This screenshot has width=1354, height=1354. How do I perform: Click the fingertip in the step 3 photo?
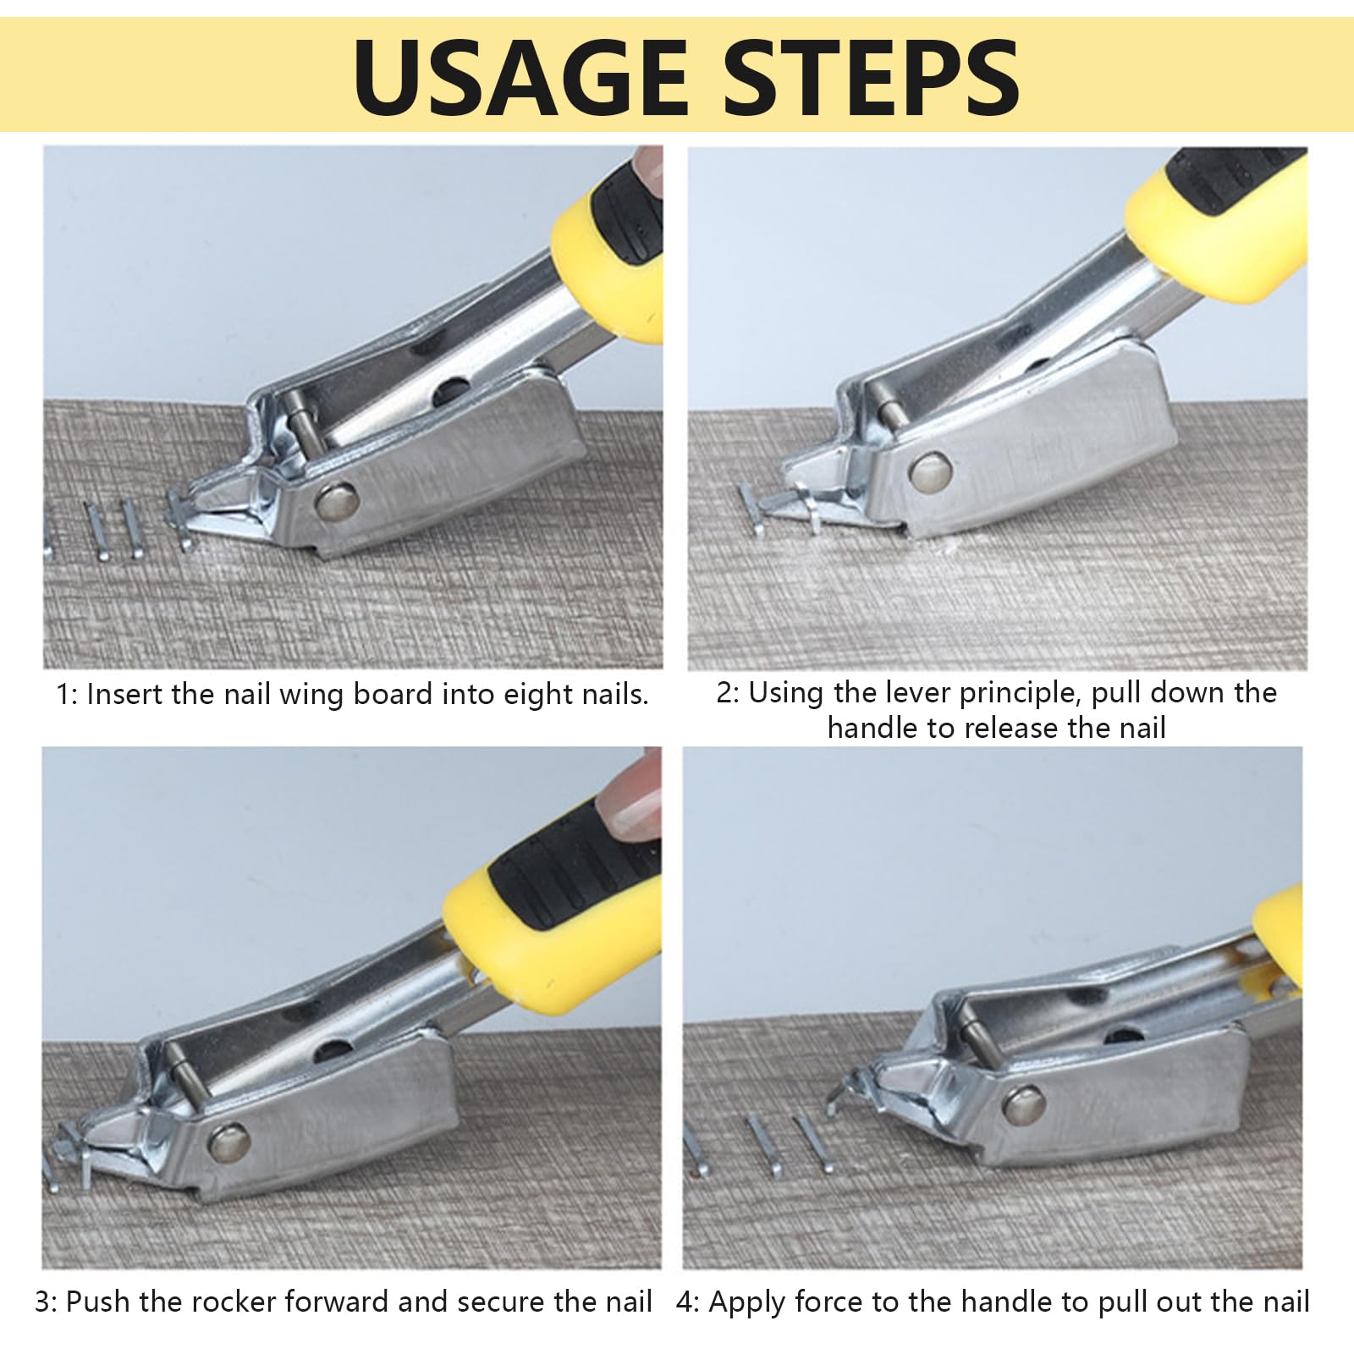tap(630, 796)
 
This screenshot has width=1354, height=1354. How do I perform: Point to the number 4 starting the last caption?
tap(685, 1302)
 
